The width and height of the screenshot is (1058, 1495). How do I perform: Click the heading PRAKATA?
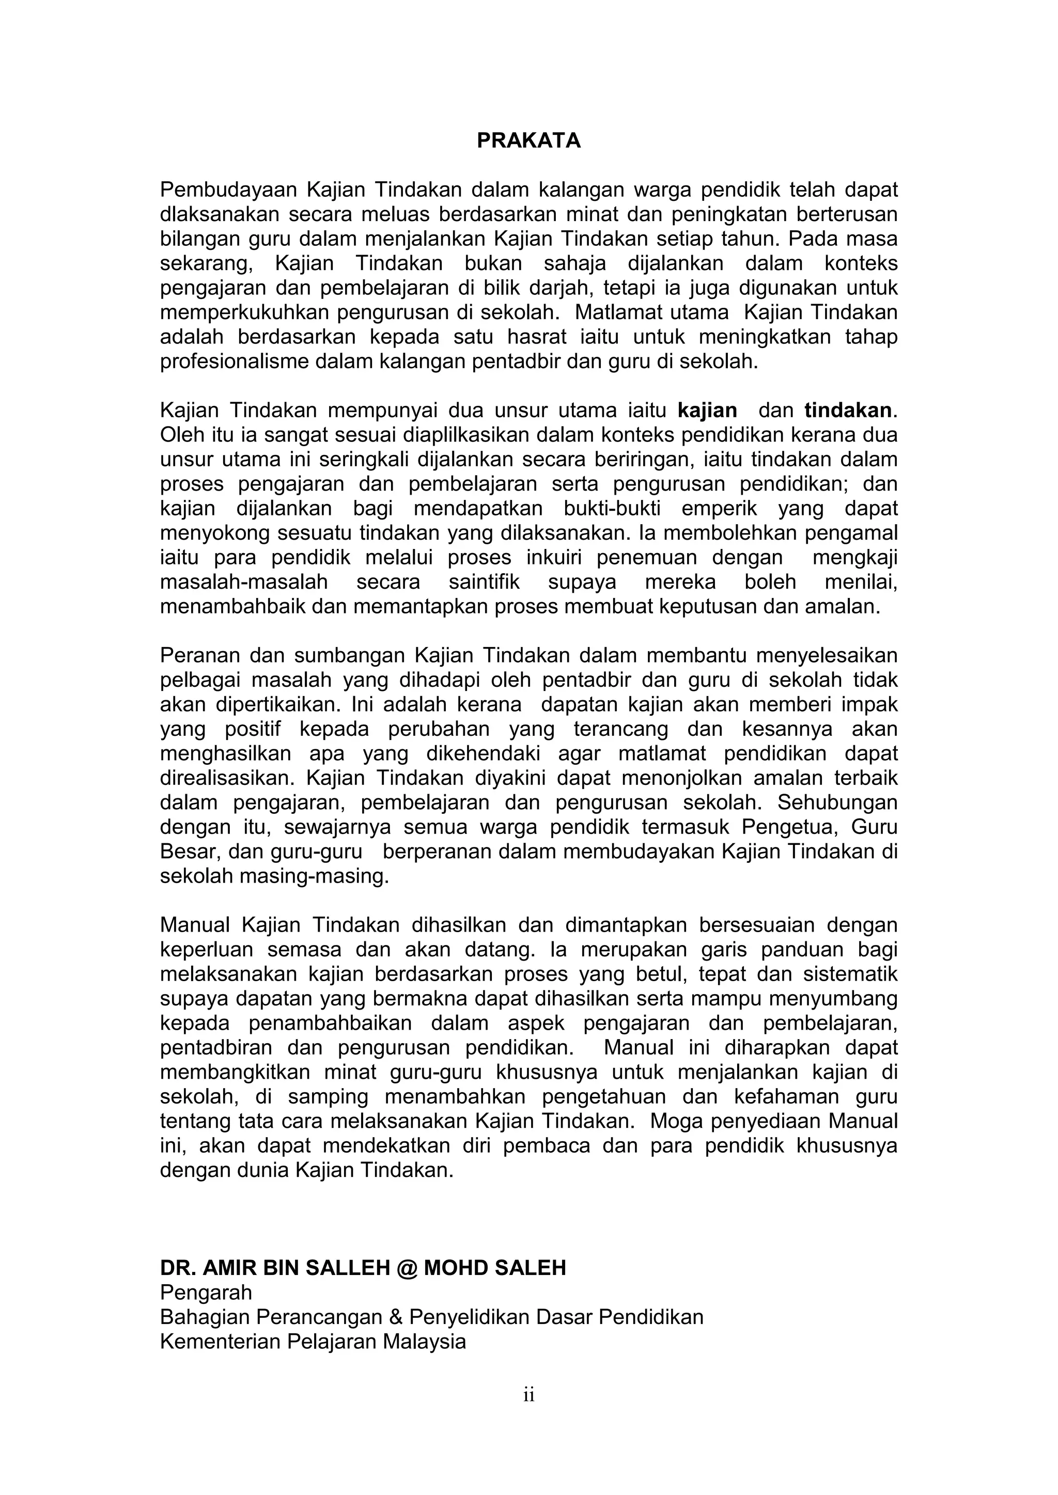528,140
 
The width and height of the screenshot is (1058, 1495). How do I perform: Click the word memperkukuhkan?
245,312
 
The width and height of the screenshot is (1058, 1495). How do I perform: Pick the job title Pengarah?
206,1293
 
